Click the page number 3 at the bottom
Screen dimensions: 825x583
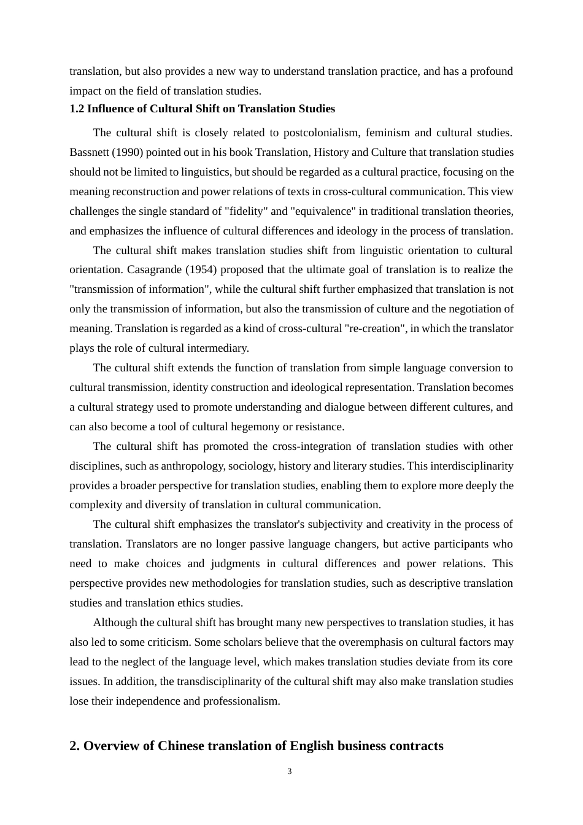(x=290, y=772)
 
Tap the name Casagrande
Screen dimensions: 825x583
(x=154, y=269)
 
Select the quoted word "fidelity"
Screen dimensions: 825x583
(x=245, y=211)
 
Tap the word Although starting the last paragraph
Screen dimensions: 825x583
(x=117, y=622)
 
